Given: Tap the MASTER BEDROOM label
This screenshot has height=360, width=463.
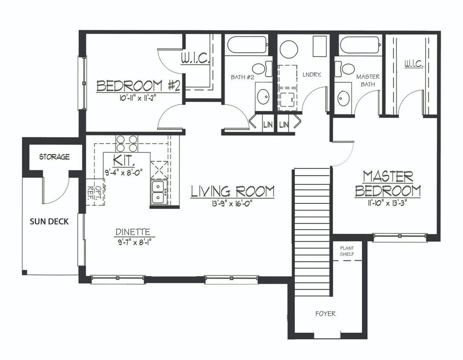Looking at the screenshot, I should pyautogui.click(x=387, y=184).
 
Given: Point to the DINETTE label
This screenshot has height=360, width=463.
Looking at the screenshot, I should pyautogui.click(x=132, y=232).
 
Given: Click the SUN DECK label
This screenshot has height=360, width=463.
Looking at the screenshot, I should pyautogui.click(x=49, y=221).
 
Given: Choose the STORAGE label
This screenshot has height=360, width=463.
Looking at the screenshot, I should pyautogui.click(x=54, y=157).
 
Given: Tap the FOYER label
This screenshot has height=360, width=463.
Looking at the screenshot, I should pyautogui.click(x=325, y=314).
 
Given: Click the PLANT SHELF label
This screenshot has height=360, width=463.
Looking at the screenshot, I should pyautogui.click(x=347, y=251).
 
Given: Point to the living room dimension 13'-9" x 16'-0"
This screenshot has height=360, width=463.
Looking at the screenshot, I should pyautogui.click(x=232, y=203).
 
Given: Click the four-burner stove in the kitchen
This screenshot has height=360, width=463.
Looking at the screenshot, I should pyautogui.click(x=127, y=143).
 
